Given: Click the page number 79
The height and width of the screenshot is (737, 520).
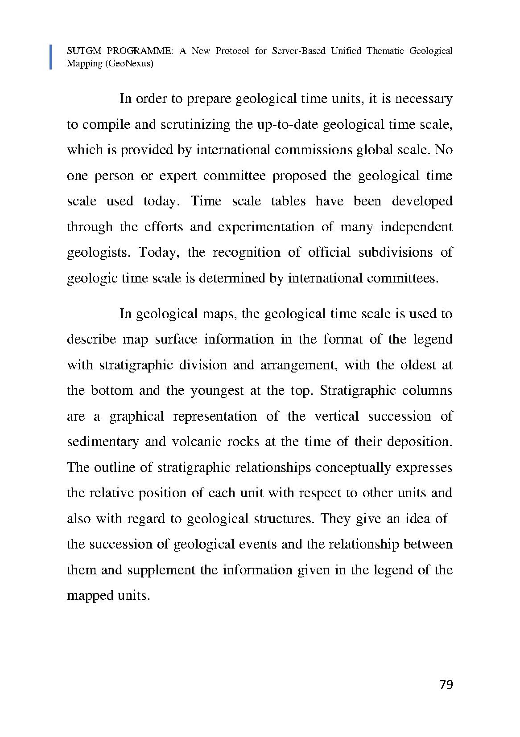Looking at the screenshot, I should click(x=446, y=684).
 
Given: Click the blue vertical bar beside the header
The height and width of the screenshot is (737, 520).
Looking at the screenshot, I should click(x=50, y=57).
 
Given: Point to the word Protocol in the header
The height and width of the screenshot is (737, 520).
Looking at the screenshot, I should click(x=232, y=51).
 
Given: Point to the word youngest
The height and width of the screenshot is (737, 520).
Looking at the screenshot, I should click(x=217, y=391).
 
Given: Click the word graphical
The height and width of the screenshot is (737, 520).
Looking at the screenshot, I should click(x=136, y=416).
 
